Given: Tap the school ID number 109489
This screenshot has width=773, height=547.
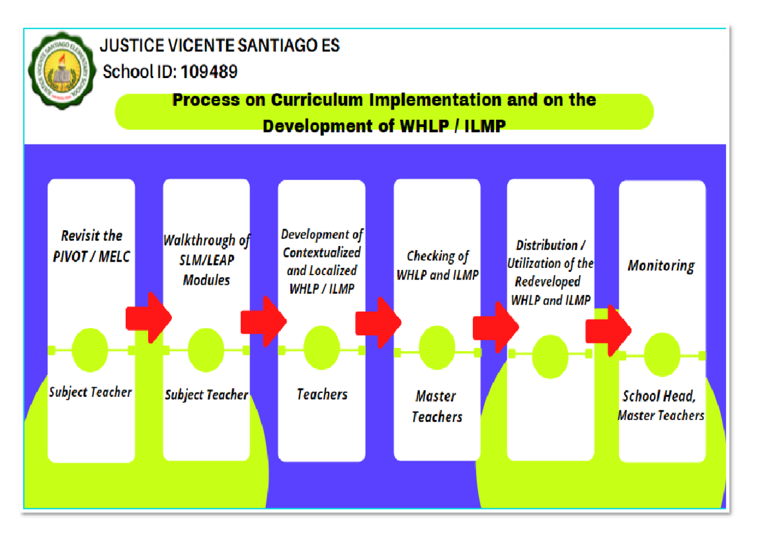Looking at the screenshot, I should (209, 72).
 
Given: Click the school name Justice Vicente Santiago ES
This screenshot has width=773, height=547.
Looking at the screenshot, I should (220, 46).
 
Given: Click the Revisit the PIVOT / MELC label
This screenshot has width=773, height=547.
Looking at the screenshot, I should (91, 246).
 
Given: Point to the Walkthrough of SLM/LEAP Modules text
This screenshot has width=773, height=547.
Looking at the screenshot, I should (206, 260).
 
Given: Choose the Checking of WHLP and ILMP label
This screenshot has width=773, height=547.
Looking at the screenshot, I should (437, 265).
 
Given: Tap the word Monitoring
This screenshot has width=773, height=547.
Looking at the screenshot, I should (661, 265).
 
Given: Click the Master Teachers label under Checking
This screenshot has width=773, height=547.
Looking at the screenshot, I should (437, 407).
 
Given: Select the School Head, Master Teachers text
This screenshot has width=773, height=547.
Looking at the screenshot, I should (661, 406).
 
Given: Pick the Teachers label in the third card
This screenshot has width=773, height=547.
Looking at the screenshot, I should (321, 394).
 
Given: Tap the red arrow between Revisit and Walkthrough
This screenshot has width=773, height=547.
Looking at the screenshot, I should (149, 318).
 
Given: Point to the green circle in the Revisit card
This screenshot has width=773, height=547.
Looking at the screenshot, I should (90, 350).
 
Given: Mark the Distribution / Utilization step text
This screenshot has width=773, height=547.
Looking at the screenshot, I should (551, 273).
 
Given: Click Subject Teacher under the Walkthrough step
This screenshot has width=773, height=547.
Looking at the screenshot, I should (206, 395).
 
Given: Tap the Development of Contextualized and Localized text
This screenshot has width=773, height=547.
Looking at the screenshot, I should (321, 262).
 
